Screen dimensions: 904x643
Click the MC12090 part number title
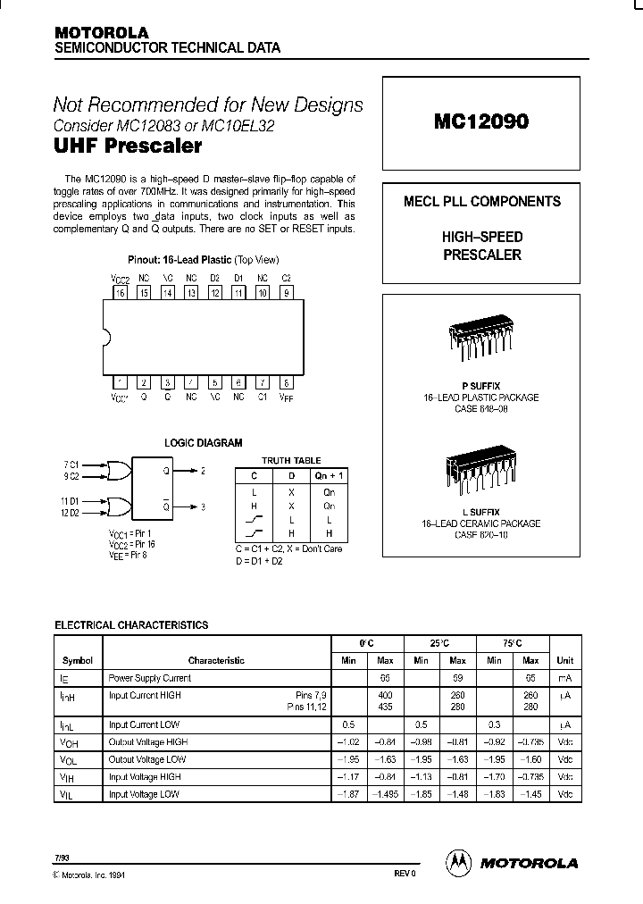pos(481,122)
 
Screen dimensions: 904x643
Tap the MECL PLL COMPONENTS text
pos(482,201)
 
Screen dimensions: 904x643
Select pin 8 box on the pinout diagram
pos(286,381)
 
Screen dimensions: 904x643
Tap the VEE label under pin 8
pos(286,396)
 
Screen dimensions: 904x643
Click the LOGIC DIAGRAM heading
pos(204,443)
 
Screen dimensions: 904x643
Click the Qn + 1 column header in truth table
pos(329,477)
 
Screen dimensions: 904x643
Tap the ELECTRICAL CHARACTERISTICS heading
pos(131,625)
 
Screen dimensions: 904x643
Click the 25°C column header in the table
pos(438,643)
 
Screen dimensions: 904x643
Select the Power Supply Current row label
pos(149,678)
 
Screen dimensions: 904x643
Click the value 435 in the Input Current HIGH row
pos(385,707)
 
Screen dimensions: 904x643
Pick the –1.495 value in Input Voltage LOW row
pos(385,794)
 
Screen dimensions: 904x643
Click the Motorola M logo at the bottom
pos(458,862)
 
